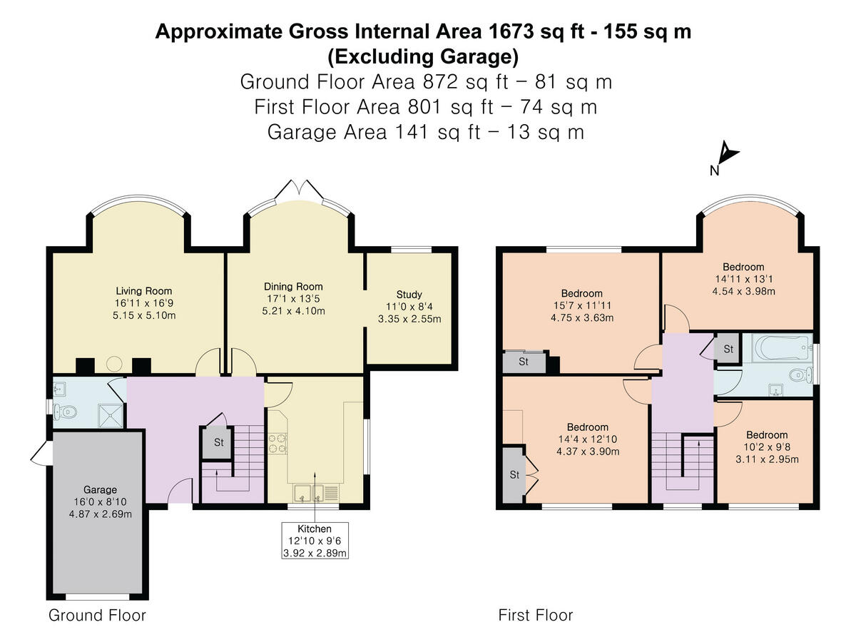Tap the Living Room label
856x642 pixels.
(x=143, y=291)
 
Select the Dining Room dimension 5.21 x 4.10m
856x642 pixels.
(x=293, y=311)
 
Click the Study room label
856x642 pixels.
(x=409, y=295)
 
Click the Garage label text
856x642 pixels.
(x=101, y=490)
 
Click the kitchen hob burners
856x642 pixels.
(x=277, y=444)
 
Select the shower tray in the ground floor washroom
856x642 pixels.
(x=111, y=416)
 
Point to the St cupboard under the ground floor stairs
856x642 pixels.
(x=218, y=442)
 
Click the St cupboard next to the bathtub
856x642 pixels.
(x=728, y=349)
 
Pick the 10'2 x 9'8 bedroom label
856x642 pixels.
(x=767, y=447)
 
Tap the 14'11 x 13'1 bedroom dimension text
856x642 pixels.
(x=744, y=279)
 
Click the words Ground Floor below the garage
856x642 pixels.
(x=97, y=615)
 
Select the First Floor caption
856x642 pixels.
(x=536, y=615)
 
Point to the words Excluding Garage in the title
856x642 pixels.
(x=423, y=57)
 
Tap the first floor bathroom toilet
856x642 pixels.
(x=800, y=375)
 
